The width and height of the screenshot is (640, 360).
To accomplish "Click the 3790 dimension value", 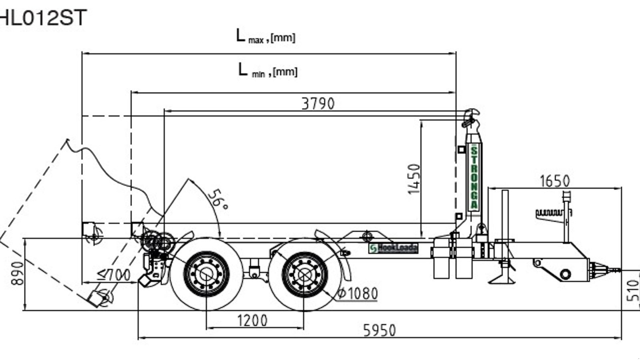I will pyautogui.click(x=318, y=104).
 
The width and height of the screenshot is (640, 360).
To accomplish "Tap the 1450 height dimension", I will pyautogui.click(x=414, y=179).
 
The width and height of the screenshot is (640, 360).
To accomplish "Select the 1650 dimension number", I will pyautogui.click(x=554, y=181).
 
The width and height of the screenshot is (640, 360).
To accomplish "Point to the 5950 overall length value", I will pyautogui.click(x=379, y=331).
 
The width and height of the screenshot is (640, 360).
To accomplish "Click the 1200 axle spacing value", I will pyautogui.click(x=252, y=320).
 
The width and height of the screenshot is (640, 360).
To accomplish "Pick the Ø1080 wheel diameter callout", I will pyautogui.click(x=357, y=294).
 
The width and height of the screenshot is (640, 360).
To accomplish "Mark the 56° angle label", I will pyautogui.click(x=218, y=199).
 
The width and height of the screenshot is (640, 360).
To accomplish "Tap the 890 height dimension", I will pyautogui.click(x=17, y=273).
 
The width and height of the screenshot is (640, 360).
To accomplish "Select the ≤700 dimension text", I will pyautogui.click(x=114, y=274).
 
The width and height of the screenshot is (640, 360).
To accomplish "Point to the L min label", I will pyautogui.click(x=268, y=71).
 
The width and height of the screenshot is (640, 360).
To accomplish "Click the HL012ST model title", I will pyautogui.click(x=42, y=18).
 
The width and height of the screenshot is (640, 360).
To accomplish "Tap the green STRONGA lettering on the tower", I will pyautogui.click(x=474, y=178).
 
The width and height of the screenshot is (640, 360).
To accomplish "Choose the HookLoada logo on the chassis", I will pyautogui.click(x=393, y=248).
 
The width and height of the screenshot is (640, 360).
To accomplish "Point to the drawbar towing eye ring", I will pyautogui.click(x=565, y=274).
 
